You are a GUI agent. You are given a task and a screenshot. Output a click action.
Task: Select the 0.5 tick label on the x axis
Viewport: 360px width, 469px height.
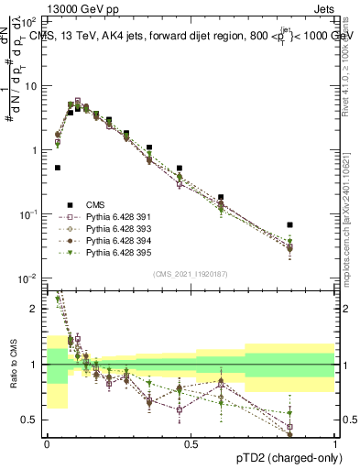191,443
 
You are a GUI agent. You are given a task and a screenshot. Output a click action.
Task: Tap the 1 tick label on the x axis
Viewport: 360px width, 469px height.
335,443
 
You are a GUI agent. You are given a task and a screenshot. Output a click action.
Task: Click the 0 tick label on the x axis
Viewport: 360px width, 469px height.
47,443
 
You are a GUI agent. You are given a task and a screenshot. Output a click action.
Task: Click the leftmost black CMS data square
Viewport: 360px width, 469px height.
58,168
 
